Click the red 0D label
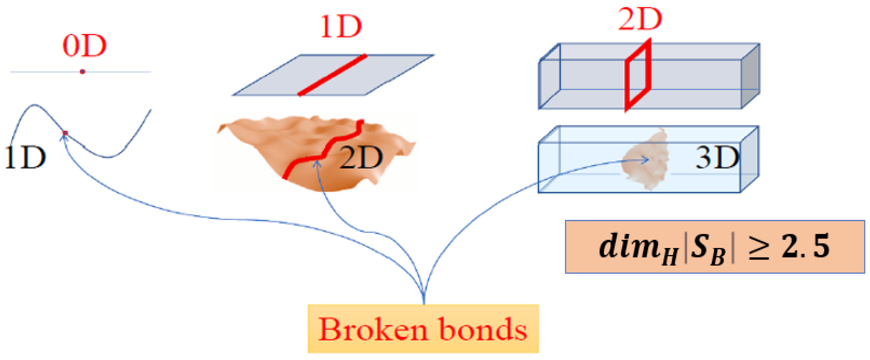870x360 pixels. click(x=85, y=46)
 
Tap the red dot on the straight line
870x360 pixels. click(x=82, y=72)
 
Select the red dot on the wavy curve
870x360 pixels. click(x=65, y=133)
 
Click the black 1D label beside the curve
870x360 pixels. click(x=25, y=157)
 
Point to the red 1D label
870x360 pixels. click(x=341, y=27)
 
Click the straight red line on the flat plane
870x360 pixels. click(x=332, y=75)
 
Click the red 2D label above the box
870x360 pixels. click(x=640, y=20)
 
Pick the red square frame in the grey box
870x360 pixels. click(x=637, y=76)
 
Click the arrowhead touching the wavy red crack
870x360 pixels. click(x=317, y=163)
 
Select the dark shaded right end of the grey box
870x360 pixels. click(x=750, y=76)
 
